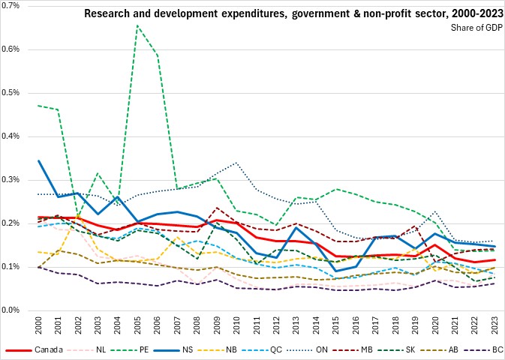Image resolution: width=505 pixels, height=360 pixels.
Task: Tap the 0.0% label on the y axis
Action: point(14,310)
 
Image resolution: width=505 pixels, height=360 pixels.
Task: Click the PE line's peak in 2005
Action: point(137,25)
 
